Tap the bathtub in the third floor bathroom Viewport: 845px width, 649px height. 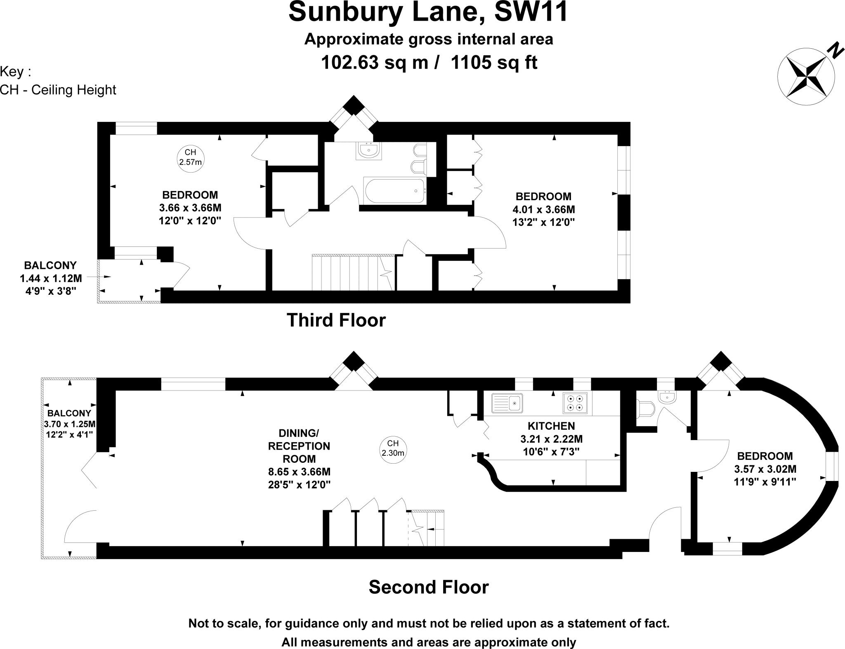394,190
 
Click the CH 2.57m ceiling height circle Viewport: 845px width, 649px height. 190,157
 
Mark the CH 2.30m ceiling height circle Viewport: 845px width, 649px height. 393,448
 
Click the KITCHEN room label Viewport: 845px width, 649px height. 551,426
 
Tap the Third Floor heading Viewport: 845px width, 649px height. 336,320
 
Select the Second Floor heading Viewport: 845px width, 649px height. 428,587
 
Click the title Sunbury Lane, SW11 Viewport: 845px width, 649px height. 428,12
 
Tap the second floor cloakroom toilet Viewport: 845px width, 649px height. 645,409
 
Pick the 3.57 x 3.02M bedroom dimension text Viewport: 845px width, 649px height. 765,469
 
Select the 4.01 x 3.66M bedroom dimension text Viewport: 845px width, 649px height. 543,209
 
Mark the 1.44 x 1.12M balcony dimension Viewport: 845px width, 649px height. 50,279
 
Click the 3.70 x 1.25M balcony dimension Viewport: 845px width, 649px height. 70,424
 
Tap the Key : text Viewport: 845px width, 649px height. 16,72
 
